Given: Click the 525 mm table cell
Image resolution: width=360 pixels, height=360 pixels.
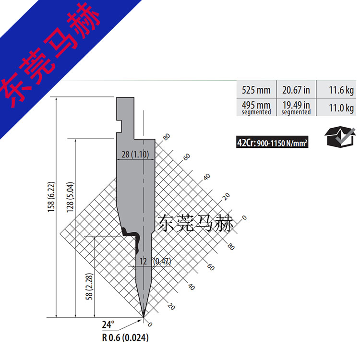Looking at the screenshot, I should point(256,90).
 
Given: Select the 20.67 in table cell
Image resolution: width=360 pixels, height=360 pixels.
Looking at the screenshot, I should point(296,90).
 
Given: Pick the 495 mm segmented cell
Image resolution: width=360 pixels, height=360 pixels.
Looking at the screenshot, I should point(256,107).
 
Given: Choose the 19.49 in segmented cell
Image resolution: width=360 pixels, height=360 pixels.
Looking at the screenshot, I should point(296,107).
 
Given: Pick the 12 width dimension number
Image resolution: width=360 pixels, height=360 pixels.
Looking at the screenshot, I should point(143,261).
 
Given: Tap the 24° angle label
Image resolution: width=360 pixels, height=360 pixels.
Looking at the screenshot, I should point(108,324).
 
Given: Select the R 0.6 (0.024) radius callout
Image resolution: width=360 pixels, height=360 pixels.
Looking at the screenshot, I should point(125,337).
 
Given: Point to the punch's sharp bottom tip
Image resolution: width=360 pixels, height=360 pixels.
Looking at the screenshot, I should point(144,316).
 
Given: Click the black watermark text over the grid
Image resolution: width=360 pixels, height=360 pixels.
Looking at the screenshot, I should point(195,224).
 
